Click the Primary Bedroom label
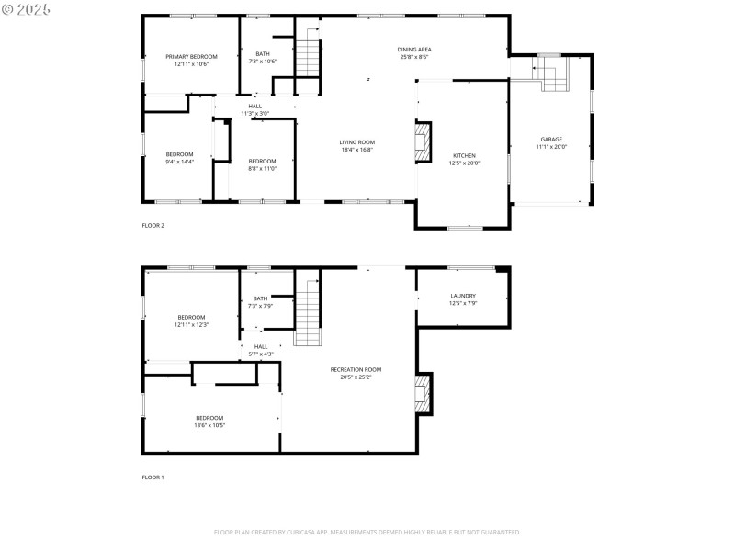[x=191, y=57]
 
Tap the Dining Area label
[x=414, y=50]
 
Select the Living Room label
[x=356, y=142]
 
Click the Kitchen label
[x=464, y=156]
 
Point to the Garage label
[x=551, y=140]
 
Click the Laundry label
[x=463, y=296]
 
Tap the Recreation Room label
[x=356, y=369]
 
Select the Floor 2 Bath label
[x=263, y=54]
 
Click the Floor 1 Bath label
[x=261, y=298]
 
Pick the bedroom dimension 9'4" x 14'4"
[x=179, y=161]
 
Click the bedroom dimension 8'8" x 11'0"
[x=262, y=168]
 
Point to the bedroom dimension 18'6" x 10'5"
[x=209, y=425]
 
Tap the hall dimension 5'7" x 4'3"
[x=261, y=354]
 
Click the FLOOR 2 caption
[x=153, y=225]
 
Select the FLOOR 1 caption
[x=153, y=478]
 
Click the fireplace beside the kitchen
[x=422, y=143]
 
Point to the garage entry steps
[x=552, y=77]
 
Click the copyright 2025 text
[x=27, y=8]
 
